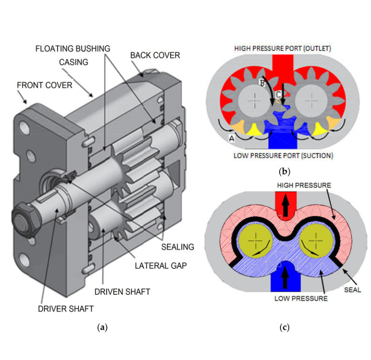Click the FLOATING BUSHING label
point(72,48)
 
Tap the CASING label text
point(73,62)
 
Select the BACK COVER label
point(155,55)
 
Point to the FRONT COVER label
point(44,85)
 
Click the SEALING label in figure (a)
point(177,247)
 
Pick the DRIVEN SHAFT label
point(122,291)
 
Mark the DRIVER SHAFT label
point(66,309)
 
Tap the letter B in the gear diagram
point(262,83)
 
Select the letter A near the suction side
point(231,139)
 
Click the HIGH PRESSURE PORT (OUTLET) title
point(283,48)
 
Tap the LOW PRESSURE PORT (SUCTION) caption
point(283,156)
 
